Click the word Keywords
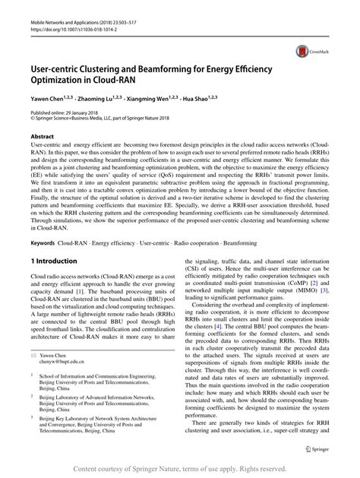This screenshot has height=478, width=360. click(x=43, y=243)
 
